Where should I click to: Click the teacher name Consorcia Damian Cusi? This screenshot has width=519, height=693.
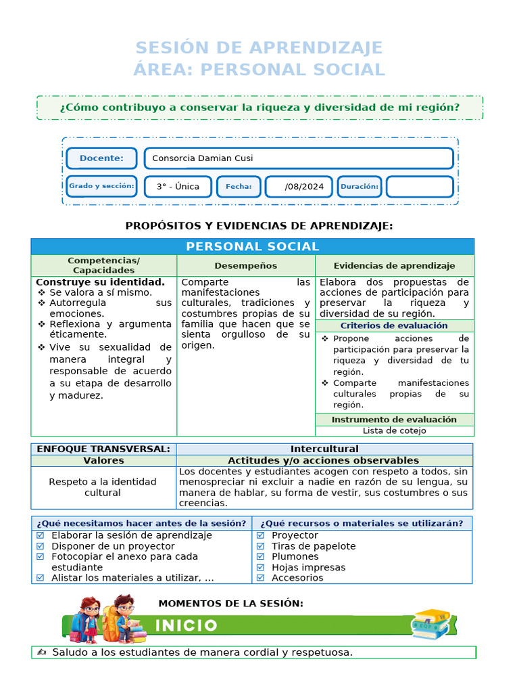tap(203, 158)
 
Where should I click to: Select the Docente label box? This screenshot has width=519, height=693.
tap(101, 158)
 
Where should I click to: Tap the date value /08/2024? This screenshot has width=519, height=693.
tap(299, 187)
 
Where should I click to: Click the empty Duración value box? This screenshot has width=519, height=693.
tap(419, 187)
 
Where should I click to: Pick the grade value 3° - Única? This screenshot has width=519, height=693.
tap(178, 187)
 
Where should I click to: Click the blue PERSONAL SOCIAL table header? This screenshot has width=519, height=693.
tap(253, 246)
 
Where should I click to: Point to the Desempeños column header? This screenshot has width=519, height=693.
tap(246, 266)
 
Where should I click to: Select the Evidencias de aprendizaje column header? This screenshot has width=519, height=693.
tap(395, 266)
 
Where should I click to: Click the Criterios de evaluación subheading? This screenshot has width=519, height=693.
tap(395, 326)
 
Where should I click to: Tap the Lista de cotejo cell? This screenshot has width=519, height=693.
tap(395, 430)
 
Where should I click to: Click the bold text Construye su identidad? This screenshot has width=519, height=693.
tap(100, 282)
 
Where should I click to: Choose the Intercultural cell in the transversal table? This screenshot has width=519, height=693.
tap(324, 449)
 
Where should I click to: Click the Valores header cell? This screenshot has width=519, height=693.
tap(103, 460)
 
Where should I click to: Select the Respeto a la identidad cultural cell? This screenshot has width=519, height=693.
tap(103, 487)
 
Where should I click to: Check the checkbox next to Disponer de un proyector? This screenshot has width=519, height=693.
tap(41, 546)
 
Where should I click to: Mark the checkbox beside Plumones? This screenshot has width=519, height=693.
tap(261, 557)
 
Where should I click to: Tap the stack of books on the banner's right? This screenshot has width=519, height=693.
tap(431, 623)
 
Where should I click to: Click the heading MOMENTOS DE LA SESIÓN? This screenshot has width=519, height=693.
tap(230, 603)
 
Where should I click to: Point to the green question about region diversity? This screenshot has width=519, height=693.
tap(259, 108)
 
